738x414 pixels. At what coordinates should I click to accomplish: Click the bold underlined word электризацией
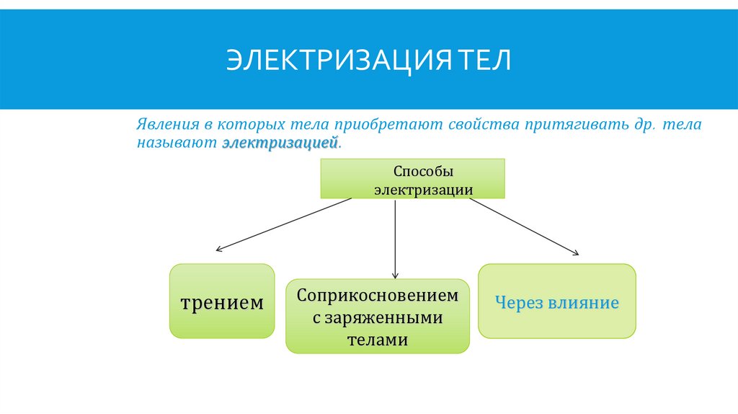(x=280, y=142)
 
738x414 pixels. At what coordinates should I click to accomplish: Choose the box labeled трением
(x=222, y=301)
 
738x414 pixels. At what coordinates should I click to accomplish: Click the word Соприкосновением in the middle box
(x=378, y=295)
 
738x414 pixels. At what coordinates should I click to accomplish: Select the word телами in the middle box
(x=378, y=339)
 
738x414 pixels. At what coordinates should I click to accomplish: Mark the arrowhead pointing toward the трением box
(x=218, y=250)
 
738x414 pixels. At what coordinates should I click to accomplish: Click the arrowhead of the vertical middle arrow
(x=395, y=275)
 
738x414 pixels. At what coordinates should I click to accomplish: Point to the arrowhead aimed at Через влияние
(x=575, y=252)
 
